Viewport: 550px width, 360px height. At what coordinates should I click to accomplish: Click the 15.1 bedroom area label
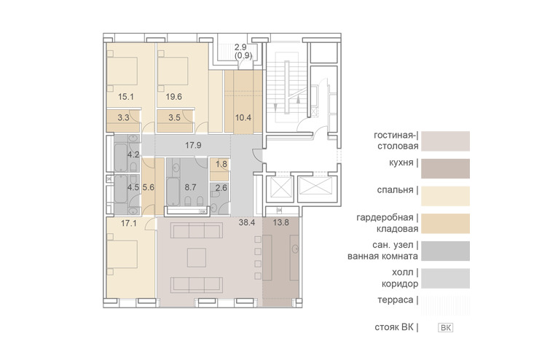pyautogui.click(x=125, y=96)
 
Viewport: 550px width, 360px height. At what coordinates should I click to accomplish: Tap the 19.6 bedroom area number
pyautogui.click(x=173, y=96)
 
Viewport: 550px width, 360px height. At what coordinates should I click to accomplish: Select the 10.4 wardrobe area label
pyautogui.click(x=243, y=117)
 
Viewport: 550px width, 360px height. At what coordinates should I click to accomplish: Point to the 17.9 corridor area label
pyautogui.click(x=193, y=145)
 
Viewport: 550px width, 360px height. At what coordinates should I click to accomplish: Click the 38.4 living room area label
pyautogui.click(x=246, y=222)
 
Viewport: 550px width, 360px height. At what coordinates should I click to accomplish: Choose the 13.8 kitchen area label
pyautogui.click(x=281, y=222)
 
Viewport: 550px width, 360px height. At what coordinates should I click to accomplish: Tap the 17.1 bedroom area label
pyautogui.click(x=129, y=223)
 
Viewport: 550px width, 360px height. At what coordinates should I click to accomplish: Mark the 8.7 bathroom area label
pyautogui.click(x=190, y=187)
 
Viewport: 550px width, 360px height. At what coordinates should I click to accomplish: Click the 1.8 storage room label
pyautogui.click(x=221, y=164)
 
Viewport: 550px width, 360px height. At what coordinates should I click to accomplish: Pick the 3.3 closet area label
pyautogui.click(x=123, y=117)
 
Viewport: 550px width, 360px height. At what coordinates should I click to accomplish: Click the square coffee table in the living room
pyautogui.click(x=197, y=257)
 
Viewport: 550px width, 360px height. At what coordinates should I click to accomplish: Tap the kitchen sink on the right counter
pyautogui.click(x=294, y=249)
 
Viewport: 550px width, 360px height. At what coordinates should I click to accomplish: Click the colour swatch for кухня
pyautogui.click(x=445, y=169)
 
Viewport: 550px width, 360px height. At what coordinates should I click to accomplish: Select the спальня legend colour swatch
pyautogui.click(x=445, y=196)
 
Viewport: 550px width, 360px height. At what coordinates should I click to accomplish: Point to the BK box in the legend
pyautogui.click(x=446, y=328)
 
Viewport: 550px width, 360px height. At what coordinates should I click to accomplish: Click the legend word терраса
pyautogui.click(x=396, y=300)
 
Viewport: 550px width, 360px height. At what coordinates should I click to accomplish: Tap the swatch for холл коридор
pyautogui.click(x=445, y=278)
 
